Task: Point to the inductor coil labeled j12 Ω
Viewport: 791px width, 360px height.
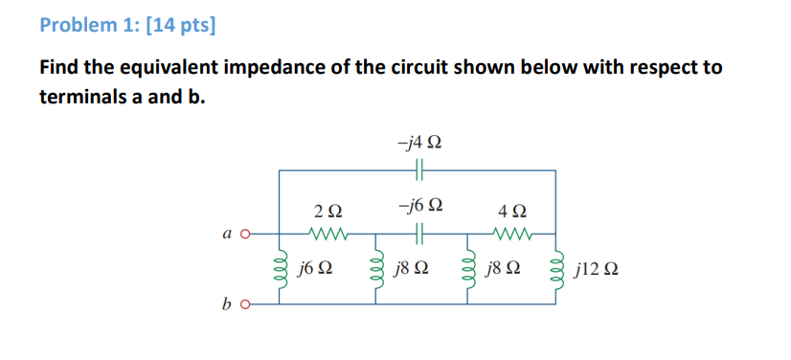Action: point(557,269)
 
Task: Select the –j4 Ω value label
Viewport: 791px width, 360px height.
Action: point(419,144)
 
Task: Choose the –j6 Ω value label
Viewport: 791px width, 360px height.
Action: point(419,206)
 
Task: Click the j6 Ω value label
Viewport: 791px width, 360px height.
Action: point(314,269)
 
